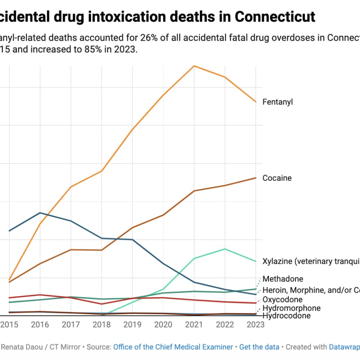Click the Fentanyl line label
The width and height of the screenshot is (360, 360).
tap(277, 102)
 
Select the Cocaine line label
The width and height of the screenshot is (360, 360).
tap(277, 178)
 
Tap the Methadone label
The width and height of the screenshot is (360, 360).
tap(283, 279)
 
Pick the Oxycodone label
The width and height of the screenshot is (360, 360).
tap(283, 300)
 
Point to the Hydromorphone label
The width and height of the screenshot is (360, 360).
tap(292, 308)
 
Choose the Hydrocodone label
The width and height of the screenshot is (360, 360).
tap(286, 316)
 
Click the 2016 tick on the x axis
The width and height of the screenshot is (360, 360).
tap(40, 325)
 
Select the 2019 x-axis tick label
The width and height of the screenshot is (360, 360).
tap(133, 325)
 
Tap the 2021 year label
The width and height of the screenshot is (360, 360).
tap(194, 325)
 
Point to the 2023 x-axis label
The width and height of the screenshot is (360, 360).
tap(256, 325)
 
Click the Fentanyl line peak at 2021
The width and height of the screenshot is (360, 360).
tap(194, 66)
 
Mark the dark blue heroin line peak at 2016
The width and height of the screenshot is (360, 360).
tap(40, 212)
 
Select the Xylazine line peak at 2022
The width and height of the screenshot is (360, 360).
tap(225, 249)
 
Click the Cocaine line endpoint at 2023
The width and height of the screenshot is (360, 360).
tap(256, 178)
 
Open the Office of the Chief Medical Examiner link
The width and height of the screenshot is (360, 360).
tap(173, 347)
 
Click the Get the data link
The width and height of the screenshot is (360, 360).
tap(259, 347)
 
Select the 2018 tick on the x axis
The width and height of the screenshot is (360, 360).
tap(102, 325)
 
